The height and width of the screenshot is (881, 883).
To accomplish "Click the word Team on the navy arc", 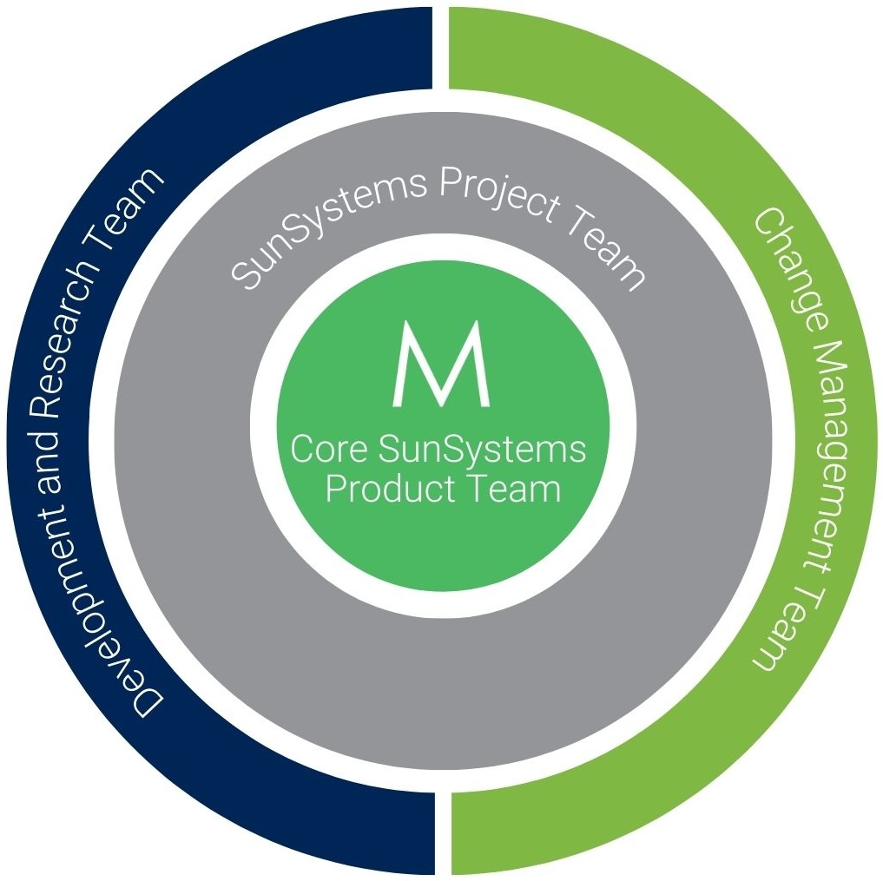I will coord(131,208).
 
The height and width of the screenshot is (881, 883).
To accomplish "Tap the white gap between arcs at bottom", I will coord(443,833).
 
